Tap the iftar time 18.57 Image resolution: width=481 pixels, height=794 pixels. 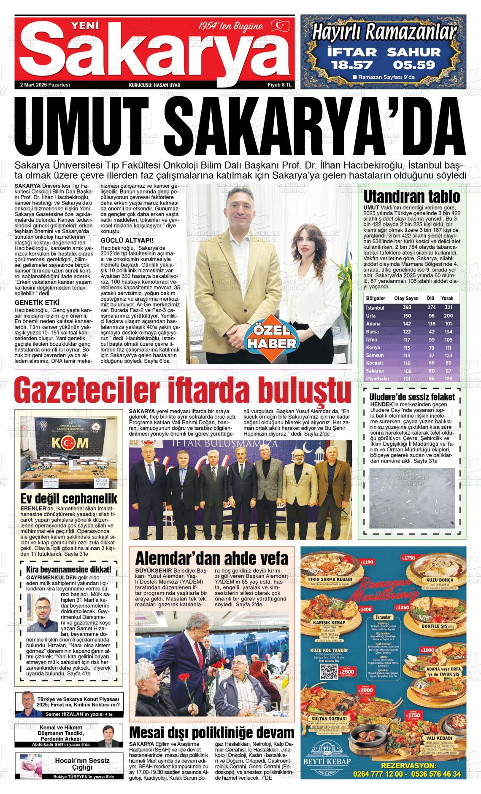(x=352, y=65)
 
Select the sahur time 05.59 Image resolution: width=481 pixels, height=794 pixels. (x=413, y=65)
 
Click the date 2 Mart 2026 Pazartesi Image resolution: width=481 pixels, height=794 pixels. (x=45, y=85)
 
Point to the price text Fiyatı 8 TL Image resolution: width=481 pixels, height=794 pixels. (x=280, y=85)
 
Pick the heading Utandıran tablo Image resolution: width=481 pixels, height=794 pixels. (x=411, y=197)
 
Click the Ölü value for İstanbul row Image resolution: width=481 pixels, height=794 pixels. (x=431, y=307)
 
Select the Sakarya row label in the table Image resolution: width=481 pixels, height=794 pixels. (x=375, y=371)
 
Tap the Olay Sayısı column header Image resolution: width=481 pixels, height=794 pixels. (x=406, y=298)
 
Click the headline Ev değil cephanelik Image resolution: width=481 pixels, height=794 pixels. (x=69, y=499)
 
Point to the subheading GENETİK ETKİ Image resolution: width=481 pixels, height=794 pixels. (x=37, y=302)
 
